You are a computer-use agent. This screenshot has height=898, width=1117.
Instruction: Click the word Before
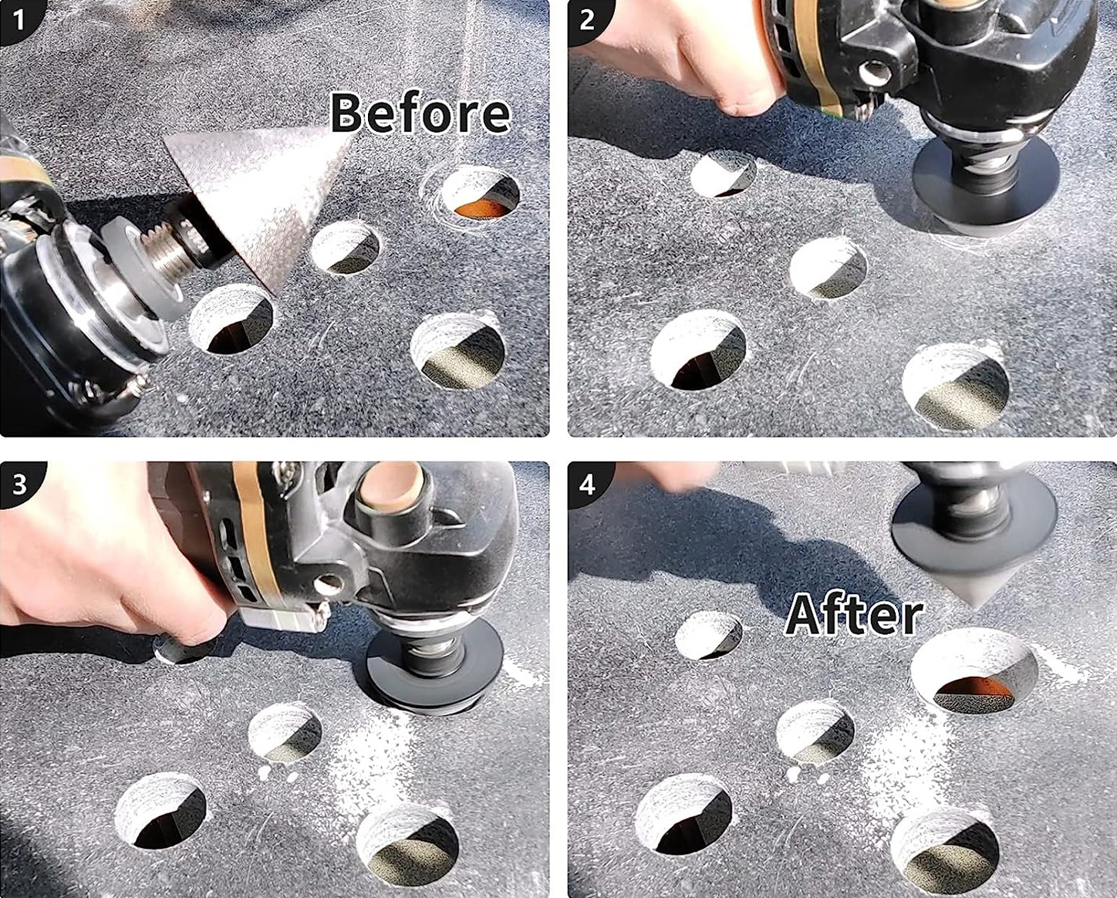420,113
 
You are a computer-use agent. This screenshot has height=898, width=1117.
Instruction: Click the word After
855,616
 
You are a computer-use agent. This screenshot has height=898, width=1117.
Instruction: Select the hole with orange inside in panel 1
480,194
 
